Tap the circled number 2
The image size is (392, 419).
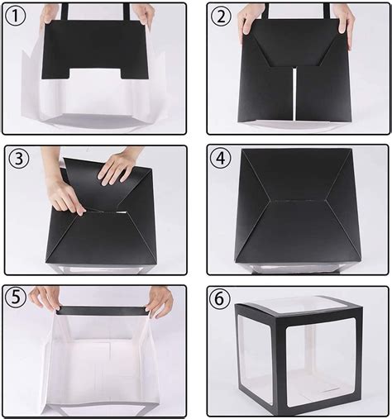(x=220, y=16)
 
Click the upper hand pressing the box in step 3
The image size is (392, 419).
(x=117, y=167)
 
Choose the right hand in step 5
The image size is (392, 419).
(x=159, y=300)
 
